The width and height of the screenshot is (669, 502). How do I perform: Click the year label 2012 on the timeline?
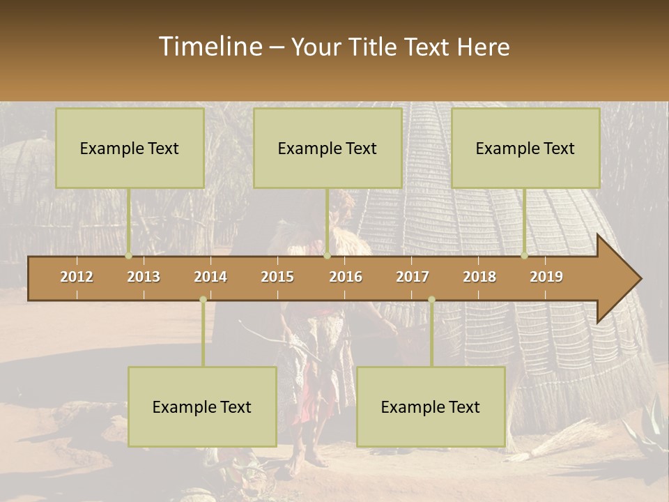[77, 277]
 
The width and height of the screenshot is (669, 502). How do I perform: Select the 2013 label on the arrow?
[144, 277]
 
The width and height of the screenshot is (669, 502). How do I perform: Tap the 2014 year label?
[210, 277]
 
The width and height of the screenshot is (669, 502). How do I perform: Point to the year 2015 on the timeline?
[277, 277]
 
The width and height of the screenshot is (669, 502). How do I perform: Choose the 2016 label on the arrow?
[346, 277]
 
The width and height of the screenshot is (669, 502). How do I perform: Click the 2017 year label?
[413, 277]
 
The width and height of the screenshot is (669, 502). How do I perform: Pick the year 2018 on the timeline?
[479, 277]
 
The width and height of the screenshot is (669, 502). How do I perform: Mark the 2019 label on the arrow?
[546, 277]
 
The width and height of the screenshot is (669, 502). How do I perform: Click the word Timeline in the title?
[209, 47]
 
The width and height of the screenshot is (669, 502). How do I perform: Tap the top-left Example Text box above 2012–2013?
[130, 148]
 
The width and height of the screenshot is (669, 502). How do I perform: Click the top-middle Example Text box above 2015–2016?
[328, 148]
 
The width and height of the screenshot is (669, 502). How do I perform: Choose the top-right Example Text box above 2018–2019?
[525, 148]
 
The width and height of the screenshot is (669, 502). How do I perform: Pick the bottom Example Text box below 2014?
[202, 406]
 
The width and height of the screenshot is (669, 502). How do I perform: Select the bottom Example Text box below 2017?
[431, 406]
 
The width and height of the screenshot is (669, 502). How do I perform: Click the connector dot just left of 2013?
[129, 256]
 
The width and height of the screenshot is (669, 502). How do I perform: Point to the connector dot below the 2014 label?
[203, 300]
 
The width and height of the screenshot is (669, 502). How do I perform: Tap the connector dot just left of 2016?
[327, 256]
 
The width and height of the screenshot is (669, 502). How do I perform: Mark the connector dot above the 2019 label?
[525, 256]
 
